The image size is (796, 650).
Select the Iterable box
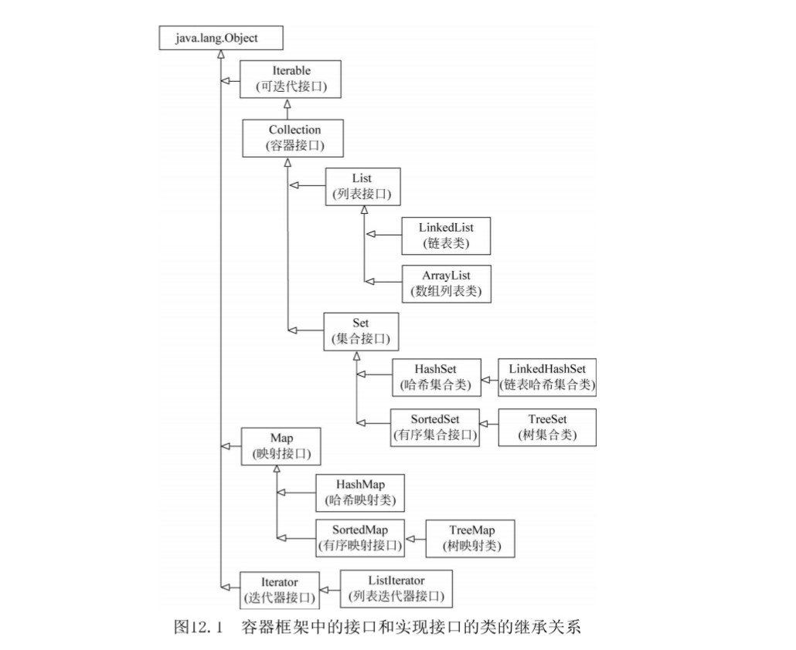[x=291, y=79]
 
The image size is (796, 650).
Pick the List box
[x=362, y=187]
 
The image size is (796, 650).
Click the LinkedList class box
[x=446, y=235]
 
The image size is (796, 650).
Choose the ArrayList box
[x=446, y=283]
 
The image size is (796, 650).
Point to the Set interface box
[x=360, y=330]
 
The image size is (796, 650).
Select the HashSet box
[x=436, y=377]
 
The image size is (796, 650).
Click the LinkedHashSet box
[x=547, y=377]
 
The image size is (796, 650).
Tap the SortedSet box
[x=434, y=426]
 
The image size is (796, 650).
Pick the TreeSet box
[x=547, y=426]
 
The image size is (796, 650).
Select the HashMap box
[x=360, y=493]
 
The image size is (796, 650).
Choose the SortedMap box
[x=360, y=538]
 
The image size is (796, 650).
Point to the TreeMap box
[x=470, y=538]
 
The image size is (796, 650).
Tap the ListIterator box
[x=396, y=588]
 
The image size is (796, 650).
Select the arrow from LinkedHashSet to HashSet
[x=489, y=377]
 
